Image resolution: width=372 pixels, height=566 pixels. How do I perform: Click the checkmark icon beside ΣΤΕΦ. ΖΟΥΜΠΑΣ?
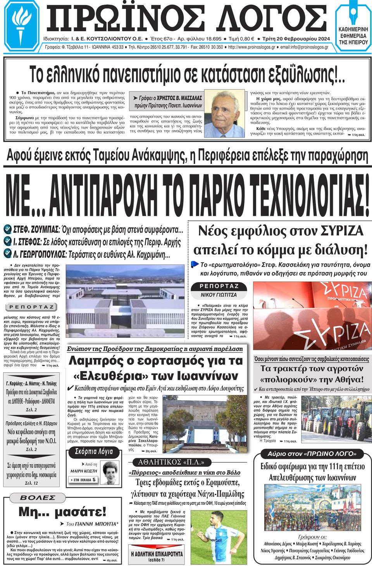coord(7,229)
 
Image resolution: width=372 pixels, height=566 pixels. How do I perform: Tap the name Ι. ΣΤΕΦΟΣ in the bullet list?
coord(27,242)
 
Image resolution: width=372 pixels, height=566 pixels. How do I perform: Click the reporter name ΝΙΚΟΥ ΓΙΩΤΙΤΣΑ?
coord(219,295)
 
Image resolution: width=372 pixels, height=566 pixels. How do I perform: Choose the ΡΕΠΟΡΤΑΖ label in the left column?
coord(32,307)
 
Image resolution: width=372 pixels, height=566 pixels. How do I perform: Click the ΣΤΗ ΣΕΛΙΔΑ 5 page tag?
coord(83,480)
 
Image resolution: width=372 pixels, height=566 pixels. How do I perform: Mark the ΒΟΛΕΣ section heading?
coord(38,498)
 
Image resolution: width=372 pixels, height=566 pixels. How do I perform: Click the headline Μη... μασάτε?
coord(62,512)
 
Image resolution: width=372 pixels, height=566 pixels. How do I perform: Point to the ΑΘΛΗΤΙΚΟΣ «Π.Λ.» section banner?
coord(171,462)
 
